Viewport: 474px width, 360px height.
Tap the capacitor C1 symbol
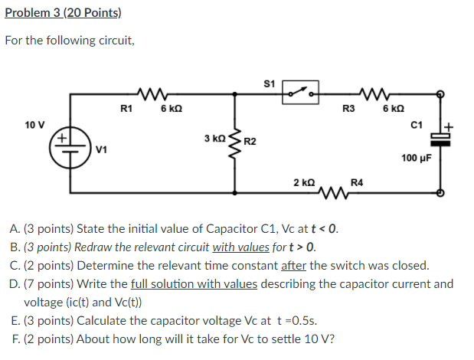[x=440, y=139]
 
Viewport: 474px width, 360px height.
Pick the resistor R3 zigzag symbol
[x=378, y=94]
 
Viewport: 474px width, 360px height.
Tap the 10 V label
[x=34, y=124]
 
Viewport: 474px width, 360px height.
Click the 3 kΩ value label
[x=214, y=139]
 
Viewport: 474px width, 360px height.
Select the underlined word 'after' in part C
[x=294, y=266]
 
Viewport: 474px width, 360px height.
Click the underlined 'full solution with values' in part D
[x=195, y=284]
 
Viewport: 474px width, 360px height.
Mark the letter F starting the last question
[x=15, y=339]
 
